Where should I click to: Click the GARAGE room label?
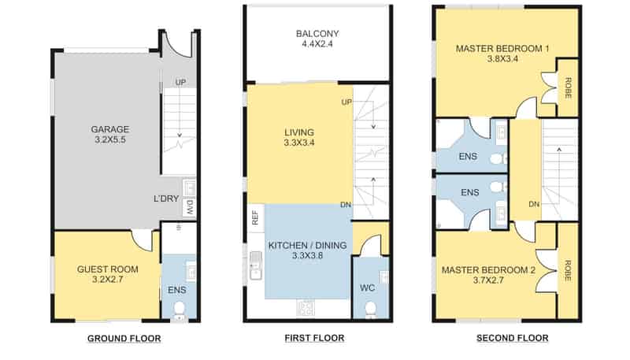[109, 129]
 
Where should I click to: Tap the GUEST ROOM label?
[108, 269]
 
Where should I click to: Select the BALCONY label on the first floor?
[317, 34]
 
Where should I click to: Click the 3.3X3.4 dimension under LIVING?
[299, 143]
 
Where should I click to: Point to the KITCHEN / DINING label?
[307, 245]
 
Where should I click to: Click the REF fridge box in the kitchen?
[255, 218]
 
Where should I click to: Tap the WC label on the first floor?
[367, 288]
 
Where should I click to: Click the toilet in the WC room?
[370, 310]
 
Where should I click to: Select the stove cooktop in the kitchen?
[306, 308]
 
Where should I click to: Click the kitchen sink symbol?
[255, 265]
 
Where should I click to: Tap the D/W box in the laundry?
[190, 208]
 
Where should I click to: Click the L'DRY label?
[166, 199]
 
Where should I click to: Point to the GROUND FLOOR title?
[124, 338]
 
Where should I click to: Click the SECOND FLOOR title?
[513, 338]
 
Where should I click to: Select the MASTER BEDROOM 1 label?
[502, 49]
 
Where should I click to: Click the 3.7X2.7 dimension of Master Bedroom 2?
[488, 280]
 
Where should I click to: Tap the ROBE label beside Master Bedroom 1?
[568, 88]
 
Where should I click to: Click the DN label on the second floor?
[534, 204]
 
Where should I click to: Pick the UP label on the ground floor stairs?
[180, 82]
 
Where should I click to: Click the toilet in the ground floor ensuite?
[180, 310]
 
